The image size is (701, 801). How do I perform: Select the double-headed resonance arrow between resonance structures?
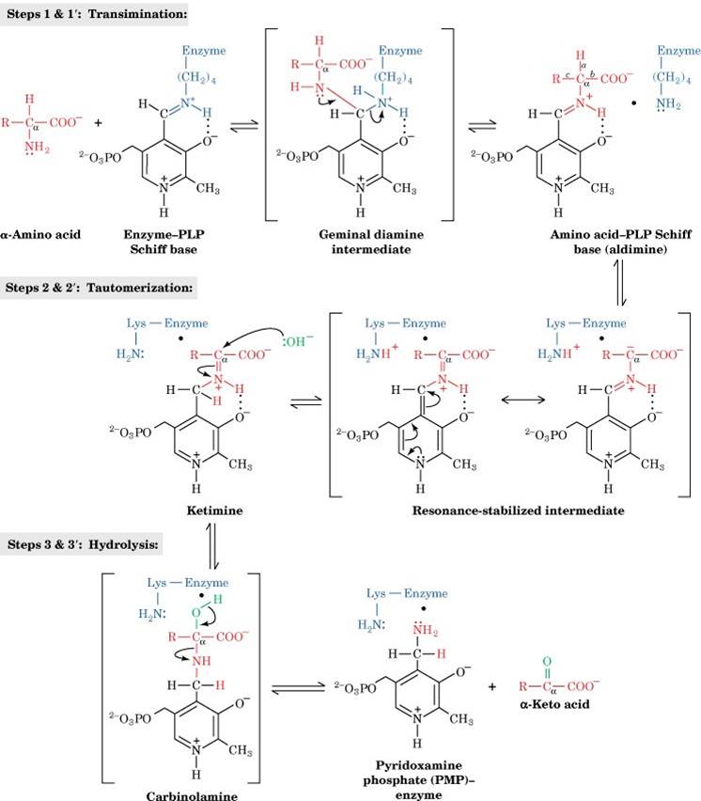[504, 399]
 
